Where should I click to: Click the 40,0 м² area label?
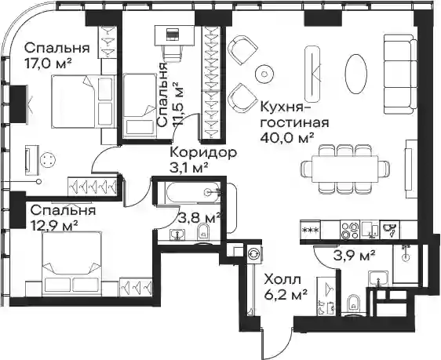[x=287, y=137]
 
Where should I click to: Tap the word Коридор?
[x=203, y=153]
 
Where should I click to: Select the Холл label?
[x=282, y=280]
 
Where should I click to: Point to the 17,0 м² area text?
[x=48, y=64]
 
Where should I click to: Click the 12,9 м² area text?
[x=54, y=225]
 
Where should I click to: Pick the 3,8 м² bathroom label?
[x=199, y=217]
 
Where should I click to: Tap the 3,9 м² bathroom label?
[x=355, y=255]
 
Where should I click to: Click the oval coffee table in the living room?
[x=355, y=74]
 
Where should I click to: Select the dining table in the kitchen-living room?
[x=344, y=169]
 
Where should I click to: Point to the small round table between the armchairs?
[x=264, y=74]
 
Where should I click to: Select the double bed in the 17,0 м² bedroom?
[x=83, y=101]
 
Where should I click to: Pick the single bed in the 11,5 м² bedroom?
[x=140, y=106]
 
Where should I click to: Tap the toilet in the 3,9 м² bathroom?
[x=353, y=304]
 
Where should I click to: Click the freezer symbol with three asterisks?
[x=310, y=230]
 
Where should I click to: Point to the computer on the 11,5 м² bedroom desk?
[x=173, y=35]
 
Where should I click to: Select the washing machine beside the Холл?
[x=254, y=253]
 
